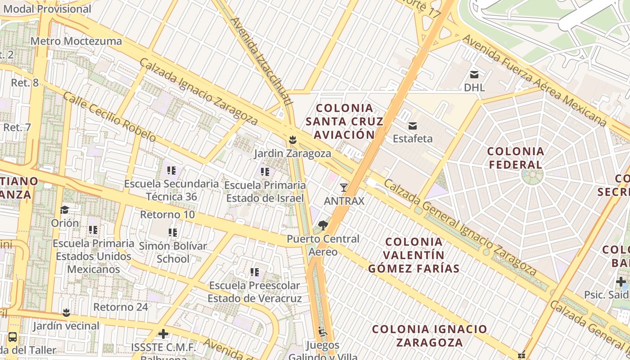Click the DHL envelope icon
tap(474, 74)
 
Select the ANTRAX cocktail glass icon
tap(344, 188)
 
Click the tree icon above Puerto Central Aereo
tap(322, 225)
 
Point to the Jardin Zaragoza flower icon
tap(292, 140)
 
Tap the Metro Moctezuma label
tap(76, 41)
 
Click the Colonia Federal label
tap(516, 157)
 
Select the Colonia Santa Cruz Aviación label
tap(344, 121)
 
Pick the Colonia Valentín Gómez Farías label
tap(414, 255)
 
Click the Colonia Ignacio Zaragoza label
tap(429, 335)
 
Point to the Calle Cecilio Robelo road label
tap(109, 117)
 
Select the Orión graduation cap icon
tap(64, 210)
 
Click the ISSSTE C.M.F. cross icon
tap(163, 334)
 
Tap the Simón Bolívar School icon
tap(173, 233)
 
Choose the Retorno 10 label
tap(167, 214)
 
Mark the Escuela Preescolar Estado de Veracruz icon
tap(255, 272)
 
